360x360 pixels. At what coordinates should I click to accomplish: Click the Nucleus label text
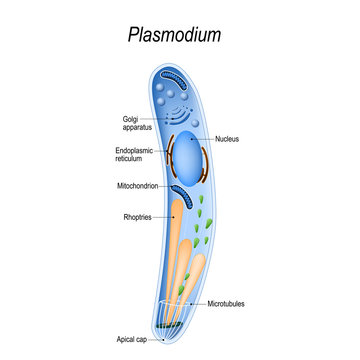click(x=229, y=139)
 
